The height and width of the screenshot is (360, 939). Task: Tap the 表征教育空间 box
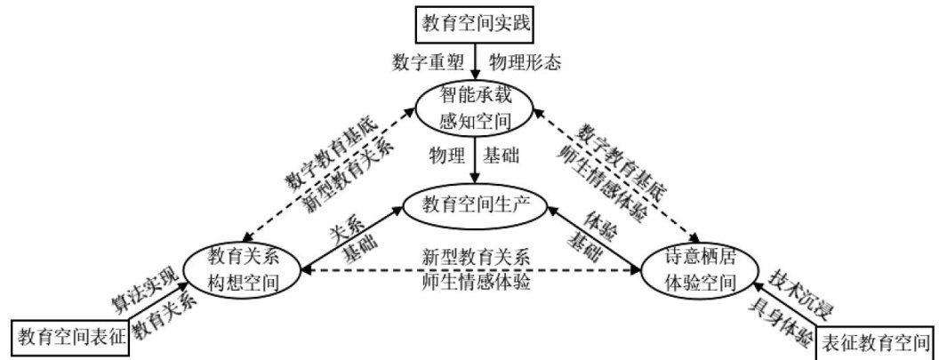[x=874, y=340]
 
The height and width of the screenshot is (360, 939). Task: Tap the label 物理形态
[x=526, y=63]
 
